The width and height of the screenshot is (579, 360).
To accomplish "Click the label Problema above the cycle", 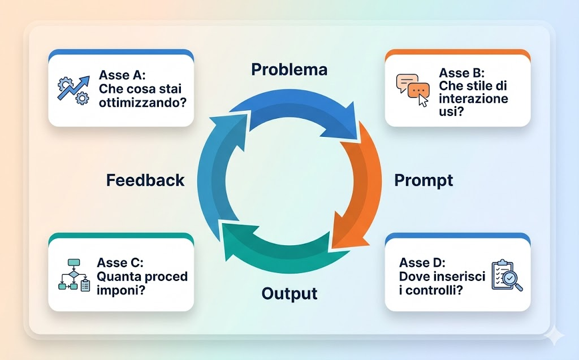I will pos(289,70).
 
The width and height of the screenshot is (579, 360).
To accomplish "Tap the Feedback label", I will pos(145,180).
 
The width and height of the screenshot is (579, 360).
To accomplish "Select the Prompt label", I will pos(424,180).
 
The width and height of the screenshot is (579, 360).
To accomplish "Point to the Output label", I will pos(289,294).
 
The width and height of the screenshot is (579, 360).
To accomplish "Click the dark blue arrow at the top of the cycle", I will pos(294,110).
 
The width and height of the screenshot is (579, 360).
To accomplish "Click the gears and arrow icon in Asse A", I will pos(74,90).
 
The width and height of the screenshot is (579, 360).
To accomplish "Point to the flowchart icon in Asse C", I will pos(74,275).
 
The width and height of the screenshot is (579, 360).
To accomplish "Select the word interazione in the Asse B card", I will pos(473,99).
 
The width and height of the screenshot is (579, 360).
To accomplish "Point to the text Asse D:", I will pos(422,262).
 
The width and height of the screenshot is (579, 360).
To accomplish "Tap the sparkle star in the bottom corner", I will pos(556,337).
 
